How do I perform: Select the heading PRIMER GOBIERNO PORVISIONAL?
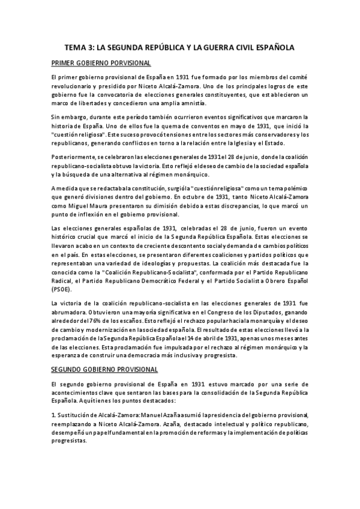pyautogui.click(x=101, y=63)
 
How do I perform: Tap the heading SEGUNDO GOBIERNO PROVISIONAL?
pyautogui.click(x=104, y=369)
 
